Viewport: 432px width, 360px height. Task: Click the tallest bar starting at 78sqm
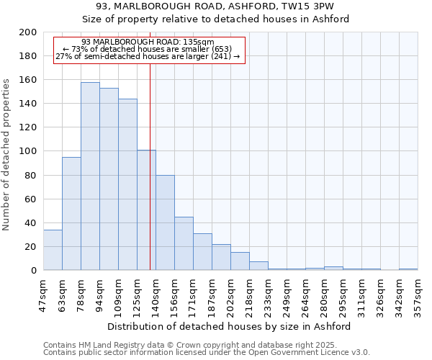tap(90, 176)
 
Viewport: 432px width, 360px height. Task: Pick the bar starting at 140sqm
tap(165, 222)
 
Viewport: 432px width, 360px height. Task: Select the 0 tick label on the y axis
tap(34, 271)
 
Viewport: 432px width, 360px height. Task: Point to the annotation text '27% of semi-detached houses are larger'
tap(148, 56)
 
